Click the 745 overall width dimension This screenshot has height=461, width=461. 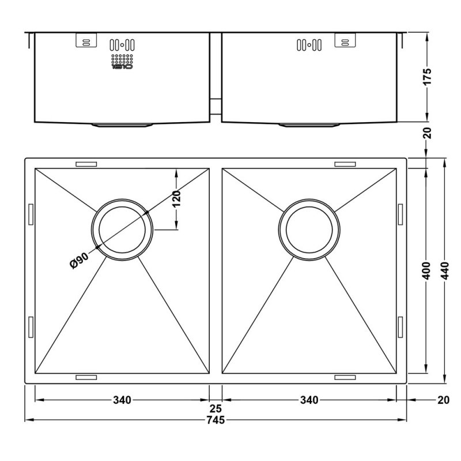(x=216, y=420)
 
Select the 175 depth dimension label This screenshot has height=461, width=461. (x=427, y=77)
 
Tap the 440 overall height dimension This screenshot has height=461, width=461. (x=445, y=270)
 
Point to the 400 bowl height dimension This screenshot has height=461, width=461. (x=426, y=270)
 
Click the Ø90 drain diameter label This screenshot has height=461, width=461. (x=79, y=260)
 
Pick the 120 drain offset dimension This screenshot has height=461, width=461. (x=176, y=199)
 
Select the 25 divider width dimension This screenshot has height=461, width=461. (x=216, y=409)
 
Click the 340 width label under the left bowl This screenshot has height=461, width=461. (x=122, y=400)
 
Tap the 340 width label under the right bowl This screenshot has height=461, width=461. (x=309, y=400)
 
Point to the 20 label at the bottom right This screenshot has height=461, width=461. (x=443, y=400)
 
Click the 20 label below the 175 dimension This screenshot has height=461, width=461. (x=427, y=133)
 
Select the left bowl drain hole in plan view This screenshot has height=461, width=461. (x=122, y=229)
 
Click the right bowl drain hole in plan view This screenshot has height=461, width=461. (x=309, y=229)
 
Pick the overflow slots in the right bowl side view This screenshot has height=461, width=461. (x=309, y=45)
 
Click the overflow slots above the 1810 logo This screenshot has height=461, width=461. (x=122, y=45)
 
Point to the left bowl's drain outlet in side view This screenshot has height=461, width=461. (x=122, y=125)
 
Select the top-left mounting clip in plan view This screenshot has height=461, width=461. (x=86, y=164)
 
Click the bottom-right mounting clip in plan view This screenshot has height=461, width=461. (x=345, y=377)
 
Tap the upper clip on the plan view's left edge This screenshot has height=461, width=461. (x=31, y=214)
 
